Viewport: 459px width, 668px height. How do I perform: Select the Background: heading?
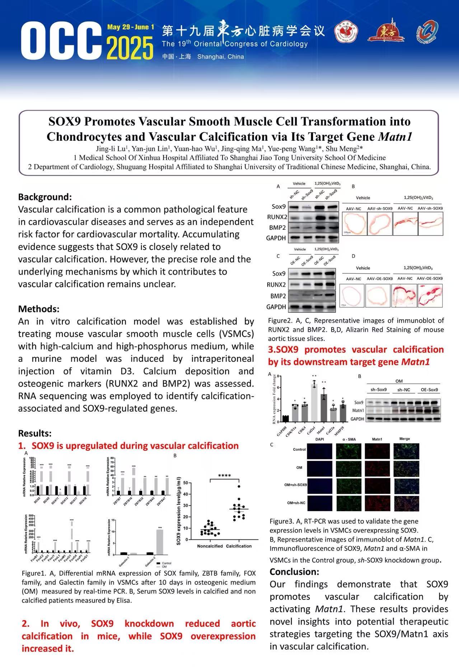tap(45, 197)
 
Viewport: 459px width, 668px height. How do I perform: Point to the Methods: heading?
tap(39, 309)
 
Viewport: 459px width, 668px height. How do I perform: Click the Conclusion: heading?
tap(294, 571)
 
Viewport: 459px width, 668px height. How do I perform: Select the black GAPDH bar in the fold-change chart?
tap(285, 418)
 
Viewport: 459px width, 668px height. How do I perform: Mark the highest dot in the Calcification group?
tap(239, 487)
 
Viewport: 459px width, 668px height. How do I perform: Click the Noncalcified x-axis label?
tap(210, 546)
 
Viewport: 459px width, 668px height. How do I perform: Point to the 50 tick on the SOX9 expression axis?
tap(185, 483)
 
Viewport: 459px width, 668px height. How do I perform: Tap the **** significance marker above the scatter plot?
tap(224, 476)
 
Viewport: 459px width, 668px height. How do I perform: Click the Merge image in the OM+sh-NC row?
tap(406, 503)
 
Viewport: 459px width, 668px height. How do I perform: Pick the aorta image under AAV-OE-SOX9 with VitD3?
tap(430, 296)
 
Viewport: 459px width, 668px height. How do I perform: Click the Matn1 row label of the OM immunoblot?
tap(358, 410)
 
